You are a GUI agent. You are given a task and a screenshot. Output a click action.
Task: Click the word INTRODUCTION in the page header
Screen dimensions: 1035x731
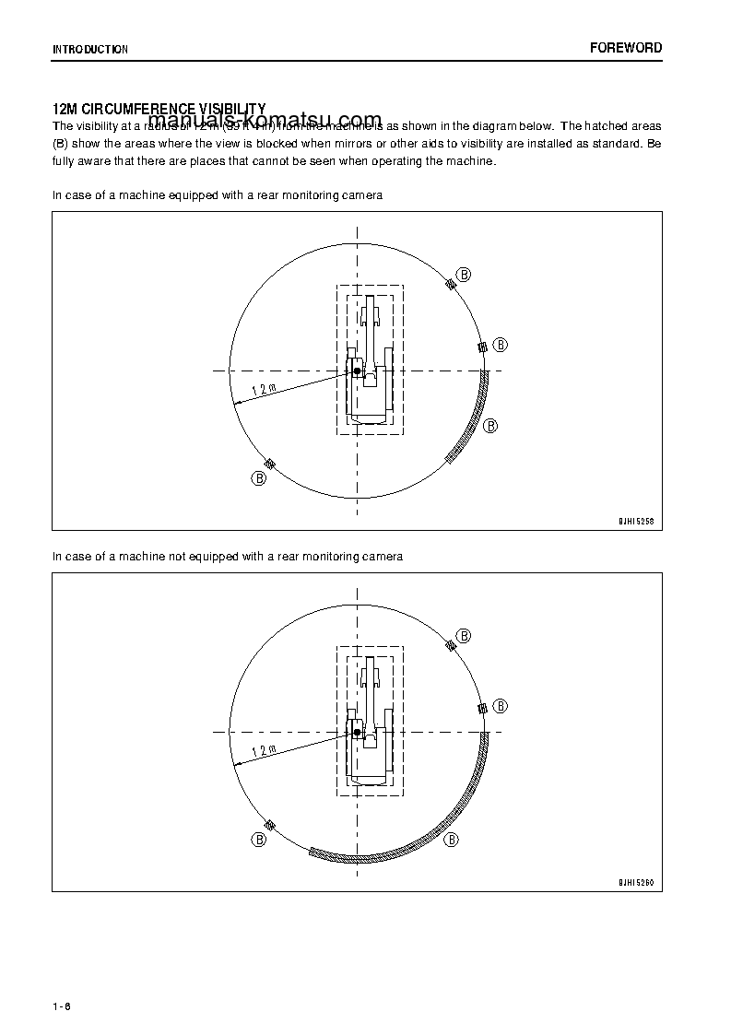click(90, 50)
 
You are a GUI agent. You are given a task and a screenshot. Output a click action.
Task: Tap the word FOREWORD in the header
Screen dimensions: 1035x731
click(625, 48)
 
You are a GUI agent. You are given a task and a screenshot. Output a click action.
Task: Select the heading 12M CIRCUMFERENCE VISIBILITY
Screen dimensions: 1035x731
click(159, 110)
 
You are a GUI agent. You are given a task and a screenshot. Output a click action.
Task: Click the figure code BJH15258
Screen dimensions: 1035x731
click(635, 521)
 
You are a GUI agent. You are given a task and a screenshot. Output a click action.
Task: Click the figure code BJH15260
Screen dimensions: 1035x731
click(635, 882)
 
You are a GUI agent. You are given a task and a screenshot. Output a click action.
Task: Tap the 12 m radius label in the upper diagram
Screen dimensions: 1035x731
click(264, 389)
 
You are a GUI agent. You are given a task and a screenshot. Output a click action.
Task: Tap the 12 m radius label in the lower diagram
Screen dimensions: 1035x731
click(264, 750)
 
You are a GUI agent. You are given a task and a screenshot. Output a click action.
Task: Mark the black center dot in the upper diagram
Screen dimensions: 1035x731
click(357, 370)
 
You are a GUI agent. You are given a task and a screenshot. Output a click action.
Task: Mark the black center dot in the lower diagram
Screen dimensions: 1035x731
click(357, 732)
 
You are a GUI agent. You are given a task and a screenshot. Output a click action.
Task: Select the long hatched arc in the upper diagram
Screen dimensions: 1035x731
click(474, 420)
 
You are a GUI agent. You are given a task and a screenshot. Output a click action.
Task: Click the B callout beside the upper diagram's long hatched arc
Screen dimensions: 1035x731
click(490, 425)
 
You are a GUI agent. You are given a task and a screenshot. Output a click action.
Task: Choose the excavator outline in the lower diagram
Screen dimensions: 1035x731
click(369, 728)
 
